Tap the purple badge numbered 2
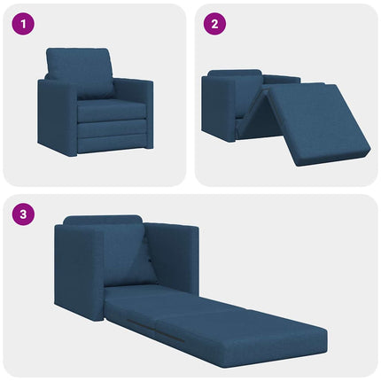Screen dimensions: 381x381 (x=214, y=24)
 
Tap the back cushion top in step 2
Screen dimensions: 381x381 (x=235, y=73)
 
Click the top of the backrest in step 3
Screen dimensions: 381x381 (x=102, y=219)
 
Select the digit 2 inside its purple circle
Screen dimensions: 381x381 (x=214, y=24)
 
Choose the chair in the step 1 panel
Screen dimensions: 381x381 (x=95, y=102)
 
